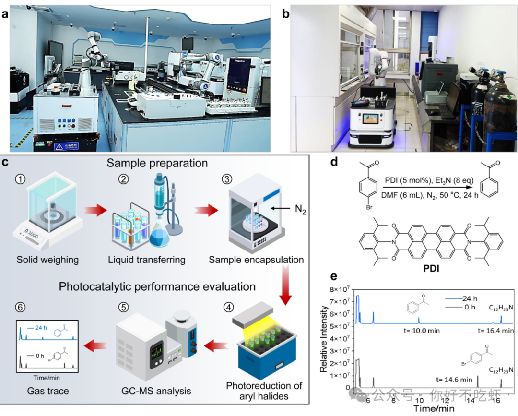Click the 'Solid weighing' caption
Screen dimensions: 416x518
pos(47,260)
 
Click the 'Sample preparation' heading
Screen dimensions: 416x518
pos(157,163)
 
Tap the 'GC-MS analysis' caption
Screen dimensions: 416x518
pos(155,391)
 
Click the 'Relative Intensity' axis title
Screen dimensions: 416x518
pos(324,338)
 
